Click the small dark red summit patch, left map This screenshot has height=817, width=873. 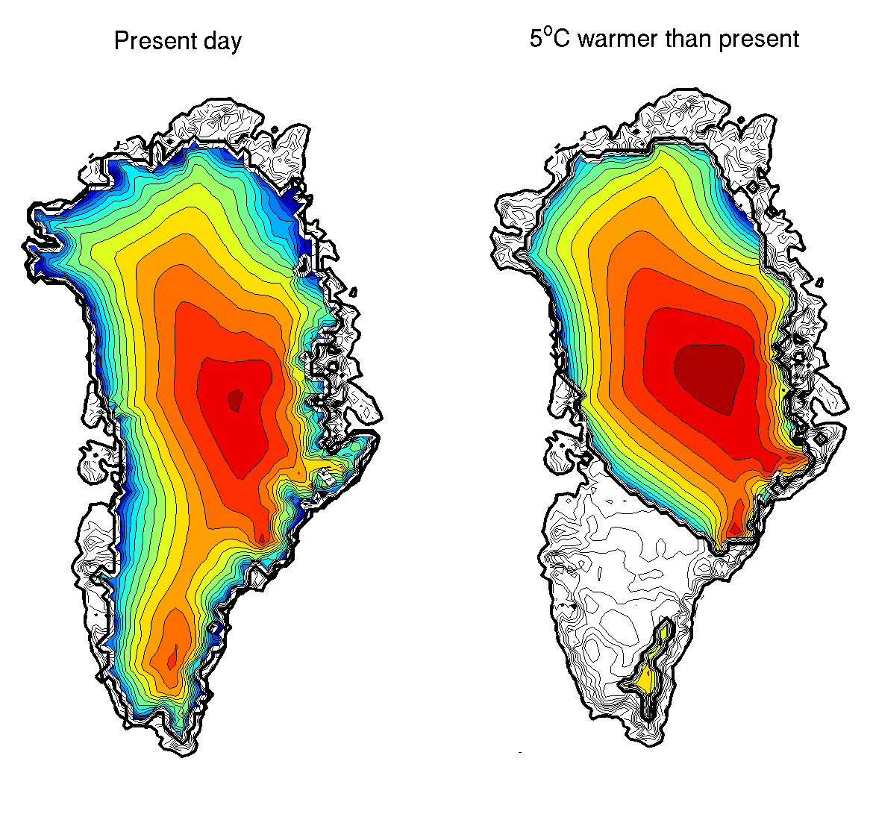[x=236, y=401]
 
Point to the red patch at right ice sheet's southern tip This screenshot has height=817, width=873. [x=736, y=528]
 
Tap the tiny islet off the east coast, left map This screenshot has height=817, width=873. [x=354, y=291]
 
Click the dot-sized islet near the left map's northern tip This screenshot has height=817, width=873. [x=275, y=130]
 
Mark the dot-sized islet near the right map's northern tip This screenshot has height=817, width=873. [x=740, y=120]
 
